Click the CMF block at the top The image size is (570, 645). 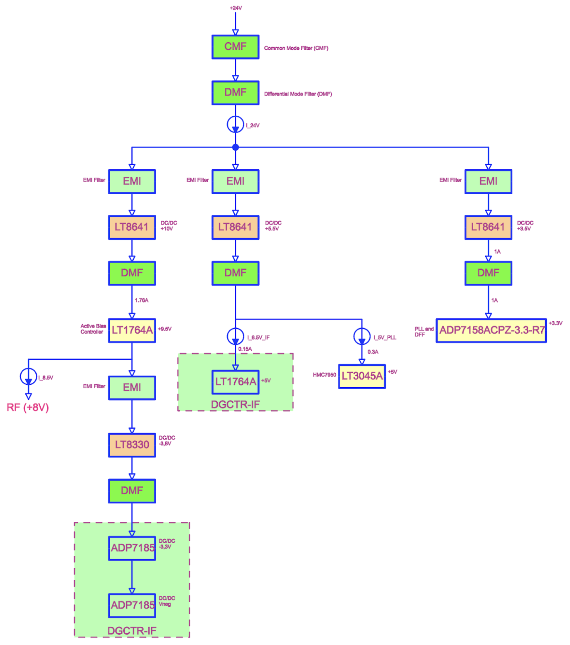[235, 47]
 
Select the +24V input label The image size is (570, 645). [236, 8]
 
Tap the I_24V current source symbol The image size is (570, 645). [235, 125]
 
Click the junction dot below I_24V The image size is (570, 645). [236, 147]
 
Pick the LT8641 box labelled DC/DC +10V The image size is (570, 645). [132, 227]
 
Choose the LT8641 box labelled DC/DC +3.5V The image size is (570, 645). [488, 227]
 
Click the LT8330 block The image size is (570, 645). [132, 445]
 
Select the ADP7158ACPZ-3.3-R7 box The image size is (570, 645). [491, 330]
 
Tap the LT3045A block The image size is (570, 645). [362, 376]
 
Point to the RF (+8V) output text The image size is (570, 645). [28, 408]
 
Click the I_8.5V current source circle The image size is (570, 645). [28, 376]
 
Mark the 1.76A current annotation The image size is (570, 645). [142, 300]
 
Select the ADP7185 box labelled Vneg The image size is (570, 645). [132, 606]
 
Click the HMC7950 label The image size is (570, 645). [324, 375]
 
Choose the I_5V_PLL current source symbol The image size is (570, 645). [362, 337]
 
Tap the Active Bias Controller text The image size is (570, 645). [93, 329]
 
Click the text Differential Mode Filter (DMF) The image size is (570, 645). [298, 94]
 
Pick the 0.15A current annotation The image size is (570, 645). [245, 349]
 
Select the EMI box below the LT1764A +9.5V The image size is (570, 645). [132, 388]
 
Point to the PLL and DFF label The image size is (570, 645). [424, 332]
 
